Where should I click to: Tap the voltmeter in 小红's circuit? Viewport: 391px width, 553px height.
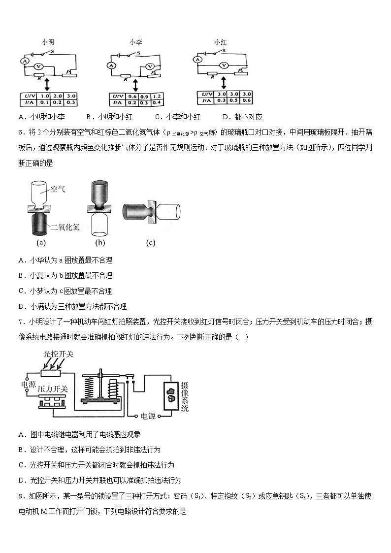click(x=224, y=65)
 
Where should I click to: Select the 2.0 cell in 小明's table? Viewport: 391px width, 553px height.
click(x=58, y=96)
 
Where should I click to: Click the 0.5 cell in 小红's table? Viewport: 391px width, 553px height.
click(x=234, y=100)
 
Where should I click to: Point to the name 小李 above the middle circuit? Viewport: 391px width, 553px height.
click(x=136, y=43)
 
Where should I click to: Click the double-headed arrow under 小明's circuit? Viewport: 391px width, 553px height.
click(x=47, y=83)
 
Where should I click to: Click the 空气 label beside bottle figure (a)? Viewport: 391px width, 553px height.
click(x=58, y=189)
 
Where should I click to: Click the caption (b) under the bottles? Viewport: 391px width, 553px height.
click(x=100, y=242)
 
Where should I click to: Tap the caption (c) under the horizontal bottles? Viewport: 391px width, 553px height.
click(x=151, y=242)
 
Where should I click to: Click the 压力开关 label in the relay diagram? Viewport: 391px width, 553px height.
click(x=53, y=390)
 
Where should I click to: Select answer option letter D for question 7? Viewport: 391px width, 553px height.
click(x=22, y=480)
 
